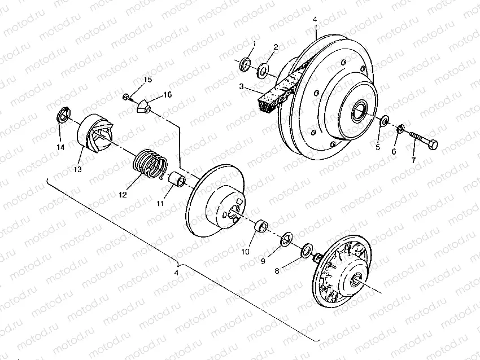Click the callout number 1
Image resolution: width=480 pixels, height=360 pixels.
254,43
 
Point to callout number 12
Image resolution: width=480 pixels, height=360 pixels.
121,195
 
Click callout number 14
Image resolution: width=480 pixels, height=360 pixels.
60,147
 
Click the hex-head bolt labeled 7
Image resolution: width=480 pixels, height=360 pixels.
424,142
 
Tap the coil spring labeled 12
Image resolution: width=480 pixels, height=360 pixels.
150,161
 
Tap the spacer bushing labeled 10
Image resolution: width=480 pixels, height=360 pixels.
261,227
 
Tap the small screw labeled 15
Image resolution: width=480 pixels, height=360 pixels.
125,96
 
